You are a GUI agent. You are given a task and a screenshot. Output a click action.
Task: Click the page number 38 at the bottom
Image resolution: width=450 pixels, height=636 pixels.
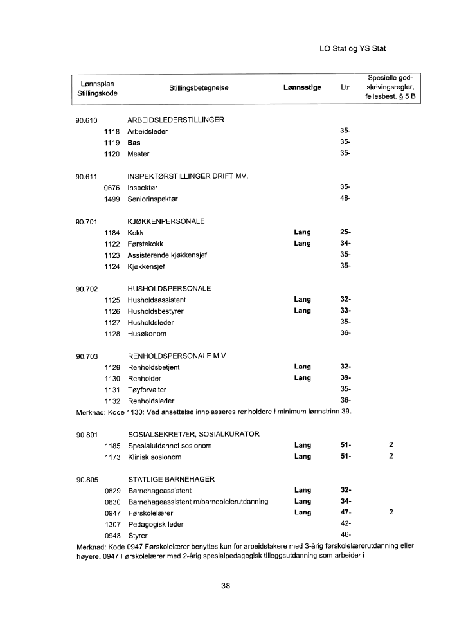tap(226, 586)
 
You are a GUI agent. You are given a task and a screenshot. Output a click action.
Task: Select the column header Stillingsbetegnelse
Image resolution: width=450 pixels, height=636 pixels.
tap(199, 87)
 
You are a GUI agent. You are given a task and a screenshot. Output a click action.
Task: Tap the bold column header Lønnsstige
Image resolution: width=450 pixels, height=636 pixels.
tap(302, 87)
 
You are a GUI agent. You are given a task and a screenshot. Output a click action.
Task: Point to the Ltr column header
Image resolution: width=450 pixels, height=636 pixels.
tap(345, 87)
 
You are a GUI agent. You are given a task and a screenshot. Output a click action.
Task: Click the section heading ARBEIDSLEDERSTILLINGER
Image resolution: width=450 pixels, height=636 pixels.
tap(175, 120)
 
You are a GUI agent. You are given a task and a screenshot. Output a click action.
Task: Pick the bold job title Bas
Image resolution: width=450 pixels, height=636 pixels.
tap(134, 142)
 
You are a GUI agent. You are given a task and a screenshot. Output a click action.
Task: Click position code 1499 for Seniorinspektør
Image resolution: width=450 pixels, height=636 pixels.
tap(113, 199)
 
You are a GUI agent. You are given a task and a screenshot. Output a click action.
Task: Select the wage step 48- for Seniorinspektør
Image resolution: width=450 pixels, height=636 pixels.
tap(346, 199)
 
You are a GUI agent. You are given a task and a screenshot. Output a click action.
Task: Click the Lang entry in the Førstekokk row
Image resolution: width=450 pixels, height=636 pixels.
tap(302, 244)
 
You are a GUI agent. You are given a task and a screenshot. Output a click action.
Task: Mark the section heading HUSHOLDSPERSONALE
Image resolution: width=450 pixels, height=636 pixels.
tap(170, 289)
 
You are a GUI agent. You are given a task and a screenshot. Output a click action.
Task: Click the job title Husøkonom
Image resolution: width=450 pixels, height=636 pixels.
tap(147, 334)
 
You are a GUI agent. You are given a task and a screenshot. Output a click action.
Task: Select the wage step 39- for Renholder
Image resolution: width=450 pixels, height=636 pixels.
tap(346, 379)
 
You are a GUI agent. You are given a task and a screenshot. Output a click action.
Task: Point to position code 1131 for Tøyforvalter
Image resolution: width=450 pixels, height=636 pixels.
tap(113, 390)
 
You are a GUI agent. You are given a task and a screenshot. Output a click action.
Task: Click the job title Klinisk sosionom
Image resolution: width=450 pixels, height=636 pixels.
tap(155, 457)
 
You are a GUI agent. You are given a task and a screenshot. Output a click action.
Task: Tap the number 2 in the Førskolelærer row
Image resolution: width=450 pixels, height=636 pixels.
tap(391, 513)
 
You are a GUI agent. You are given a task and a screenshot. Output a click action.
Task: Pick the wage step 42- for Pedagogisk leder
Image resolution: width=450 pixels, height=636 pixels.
tap(346, 524)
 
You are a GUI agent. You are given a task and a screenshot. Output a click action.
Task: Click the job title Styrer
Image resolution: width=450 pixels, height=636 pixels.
tap(138, 535)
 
